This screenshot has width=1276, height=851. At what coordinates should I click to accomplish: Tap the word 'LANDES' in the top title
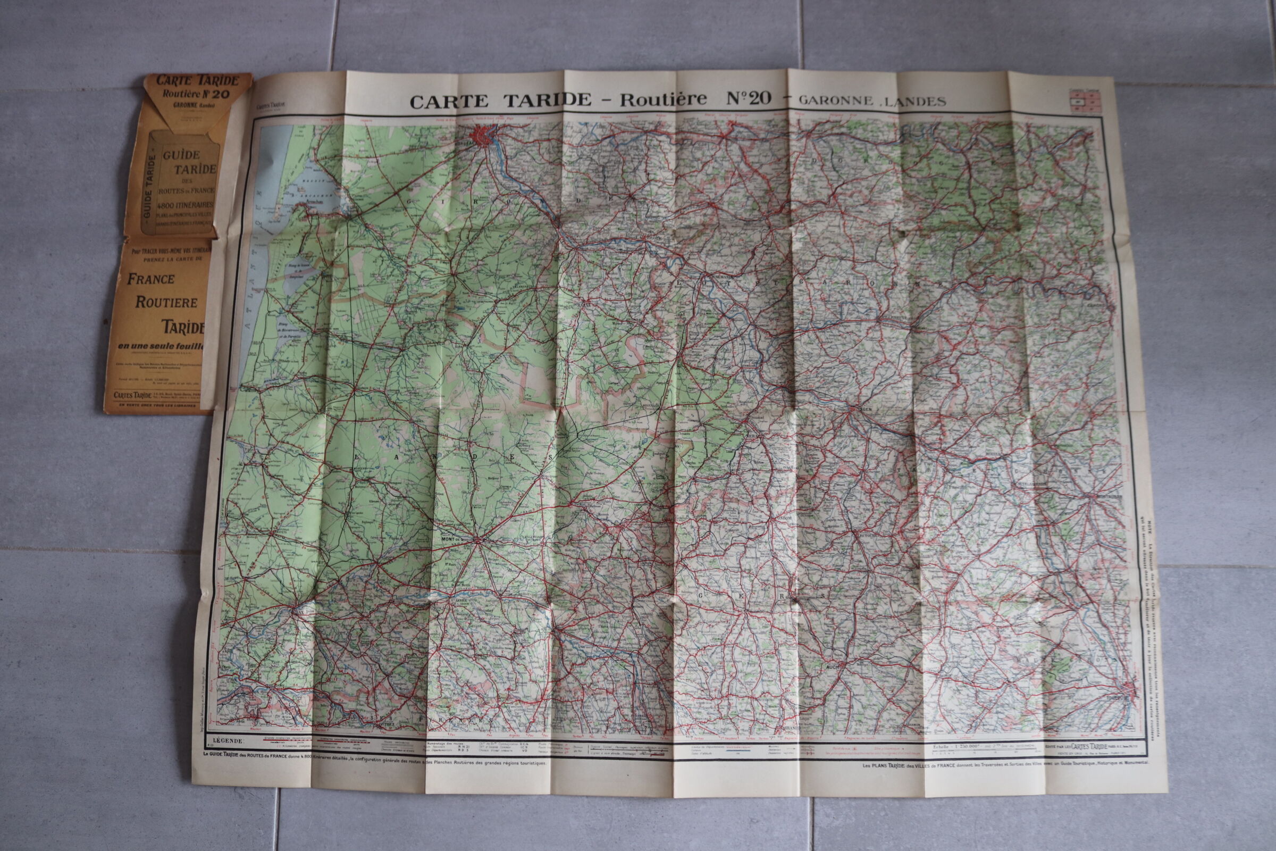(919, 101)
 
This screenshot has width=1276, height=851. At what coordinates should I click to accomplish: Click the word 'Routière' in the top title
(664, 99)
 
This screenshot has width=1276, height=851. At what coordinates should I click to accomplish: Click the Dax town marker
(296, 611)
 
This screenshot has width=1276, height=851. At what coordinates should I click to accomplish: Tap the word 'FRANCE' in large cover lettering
(150, 279)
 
